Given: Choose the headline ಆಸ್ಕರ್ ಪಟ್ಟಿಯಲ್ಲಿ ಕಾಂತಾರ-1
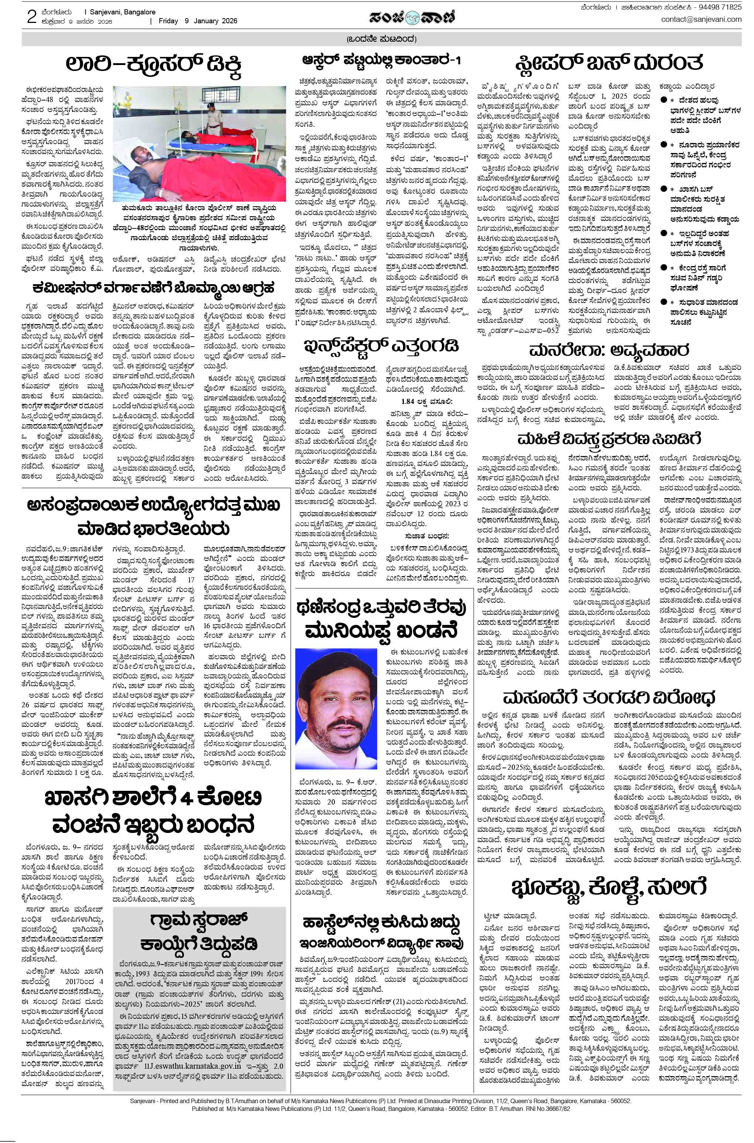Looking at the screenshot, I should (381, 61).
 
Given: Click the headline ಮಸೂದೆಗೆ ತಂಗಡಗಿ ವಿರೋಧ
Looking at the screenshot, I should (609, 697).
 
